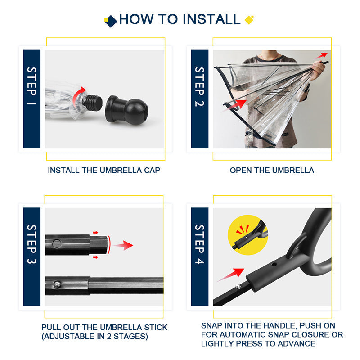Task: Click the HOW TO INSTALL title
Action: point(180,19)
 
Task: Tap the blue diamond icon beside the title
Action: point(111,21)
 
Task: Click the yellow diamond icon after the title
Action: point(249,20)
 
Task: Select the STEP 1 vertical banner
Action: point(32,99)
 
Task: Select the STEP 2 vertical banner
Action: point(200,99)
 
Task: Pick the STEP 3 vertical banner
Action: point(32,257)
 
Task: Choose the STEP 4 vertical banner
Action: point(200,257)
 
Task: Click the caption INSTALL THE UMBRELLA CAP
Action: point(104,171)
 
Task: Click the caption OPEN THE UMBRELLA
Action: point(272,171)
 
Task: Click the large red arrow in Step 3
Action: point(123,245)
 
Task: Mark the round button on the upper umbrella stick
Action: point(57,244)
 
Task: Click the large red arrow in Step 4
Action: point(232,274)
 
